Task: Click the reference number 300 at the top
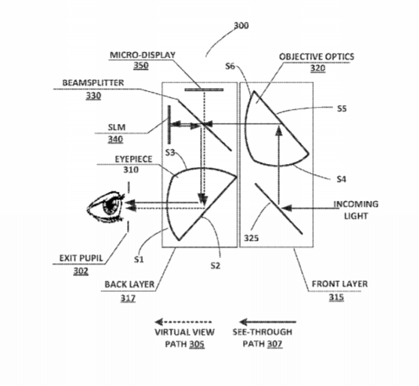pyautogui.click(x=241, y=26)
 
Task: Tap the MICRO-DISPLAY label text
pyautogui.click(x=143, y=55)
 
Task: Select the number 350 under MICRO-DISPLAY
pyautogui.click(x=141, y=65)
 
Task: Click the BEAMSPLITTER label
pyautogui.click(x=93, y=83)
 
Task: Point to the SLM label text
pyautogui.click(x=117, y=127)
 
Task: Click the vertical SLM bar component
pyautogui.click(x=169, y=125)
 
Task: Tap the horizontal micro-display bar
pyautogui.click(x=204, y=90)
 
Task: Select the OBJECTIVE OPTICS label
pyautogui.click(x=317, y=56)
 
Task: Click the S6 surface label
pyautogui.click(x=229, y=66)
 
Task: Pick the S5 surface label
pyautogui.click(x=342, y=108)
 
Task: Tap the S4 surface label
pyautogui.click(x=342, y=179)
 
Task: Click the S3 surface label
pyautogui.click(x=170, y=152)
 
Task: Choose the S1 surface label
pyautogui.click(x=139, y=260)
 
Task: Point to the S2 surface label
pyautogui.click(x=215, y=266)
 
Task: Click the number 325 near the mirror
pyautogui.click(x=251, y=238)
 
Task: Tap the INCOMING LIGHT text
pyautogui.click(x=356, y=210)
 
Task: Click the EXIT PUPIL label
pyautogui.click(x=81, y=258)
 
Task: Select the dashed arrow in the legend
pyautogui.click(x=184, y=322)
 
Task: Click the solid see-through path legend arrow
pyautogui.click(x=268, y=322)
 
